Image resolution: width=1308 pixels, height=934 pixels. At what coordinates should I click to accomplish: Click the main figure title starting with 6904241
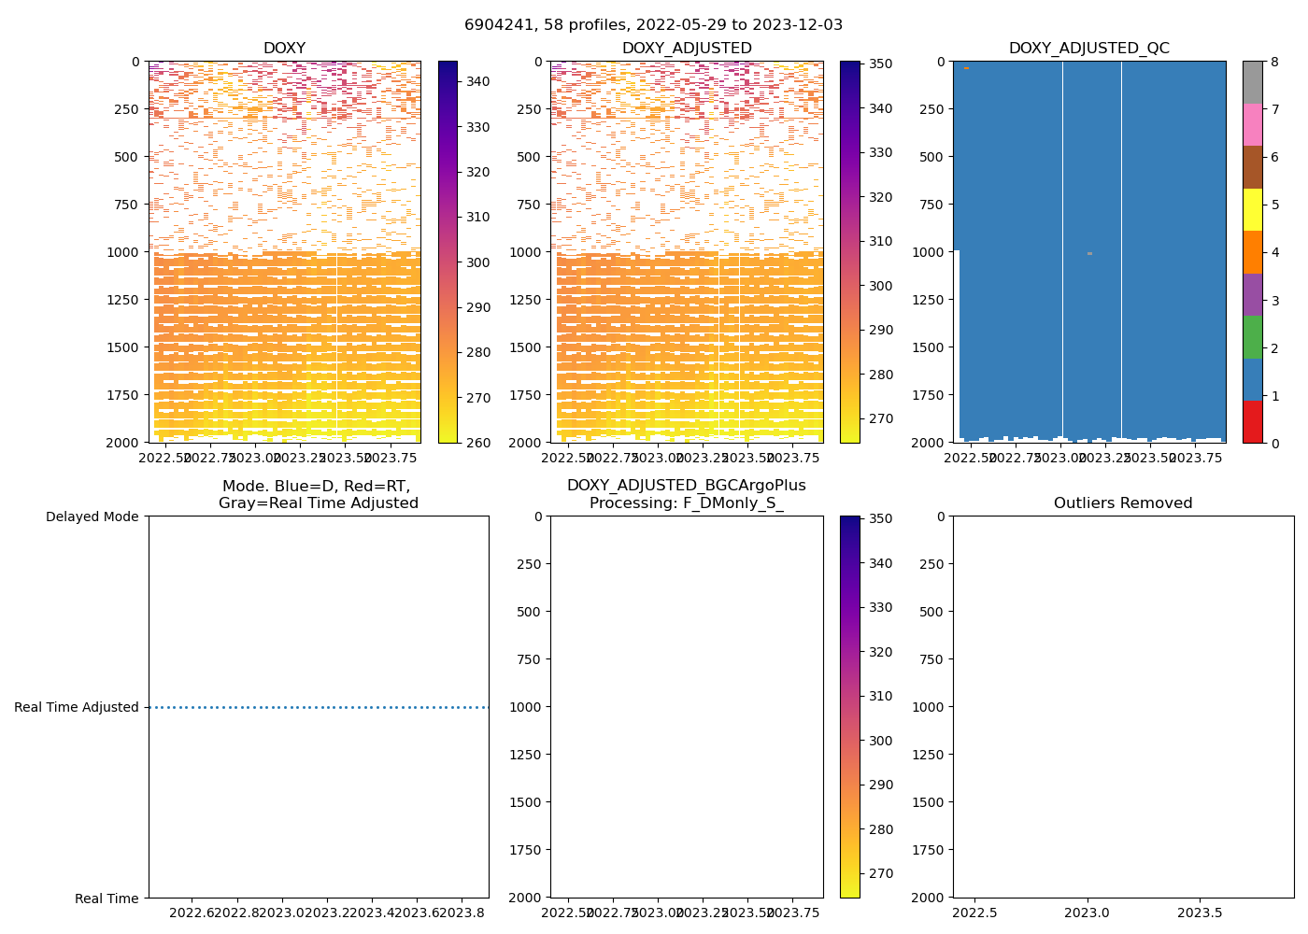(x=653, y=25)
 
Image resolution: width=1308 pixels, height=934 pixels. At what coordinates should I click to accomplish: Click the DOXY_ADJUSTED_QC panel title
(x=1088, y=49)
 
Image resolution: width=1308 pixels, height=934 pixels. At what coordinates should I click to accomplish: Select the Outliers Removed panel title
(x=1123, y=503)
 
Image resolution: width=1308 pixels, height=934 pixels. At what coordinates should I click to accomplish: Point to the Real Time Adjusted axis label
(x=77, y=707)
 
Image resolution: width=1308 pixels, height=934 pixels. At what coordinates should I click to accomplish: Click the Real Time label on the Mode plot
(x=107, y=899)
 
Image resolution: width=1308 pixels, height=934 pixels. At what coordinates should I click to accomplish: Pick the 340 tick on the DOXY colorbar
(x=478, y=82)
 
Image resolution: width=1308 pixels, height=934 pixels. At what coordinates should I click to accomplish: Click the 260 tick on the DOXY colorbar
(x=478, y=443)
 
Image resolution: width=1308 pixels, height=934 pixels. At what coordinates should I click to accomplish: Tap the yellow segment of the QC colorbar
(x=1252, y=209)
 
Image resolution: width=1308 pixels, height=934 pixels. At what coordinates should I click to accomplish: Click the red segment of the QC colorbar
(x=1252, y=421)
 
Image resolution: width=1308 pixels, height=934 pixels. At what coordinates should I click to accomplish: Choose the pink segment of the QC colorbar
(x=1252, y=124)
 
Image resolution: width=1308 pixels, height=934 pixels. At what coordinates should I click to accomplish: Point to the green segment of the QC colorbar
(x=1252, y=336)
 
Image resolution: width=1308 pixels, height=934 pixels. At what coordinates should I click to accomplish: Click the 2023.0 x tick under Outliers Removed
(x=1088, y=912)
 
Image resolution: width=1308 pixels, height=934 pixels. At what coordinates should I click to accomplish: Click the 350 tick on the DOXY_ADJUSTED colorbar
(x=881, y=64)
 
